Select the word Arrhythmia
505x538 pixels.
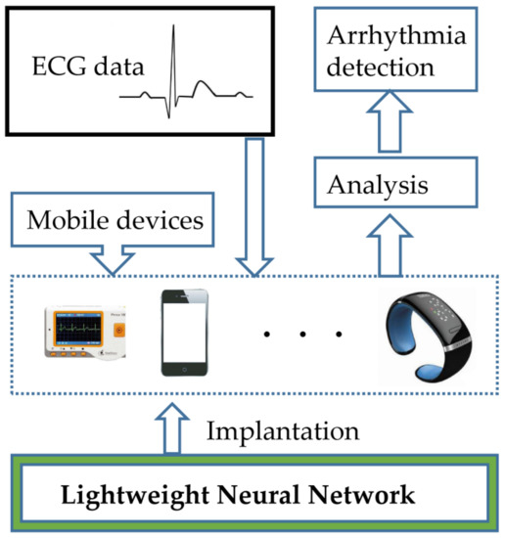pyautogui.click(x=381, y=40)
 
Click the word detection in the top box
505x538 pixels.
pyautogui.click(x=381, y=68)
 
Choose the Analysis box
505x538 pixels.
pyautogui.click(x=381, y=184)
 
